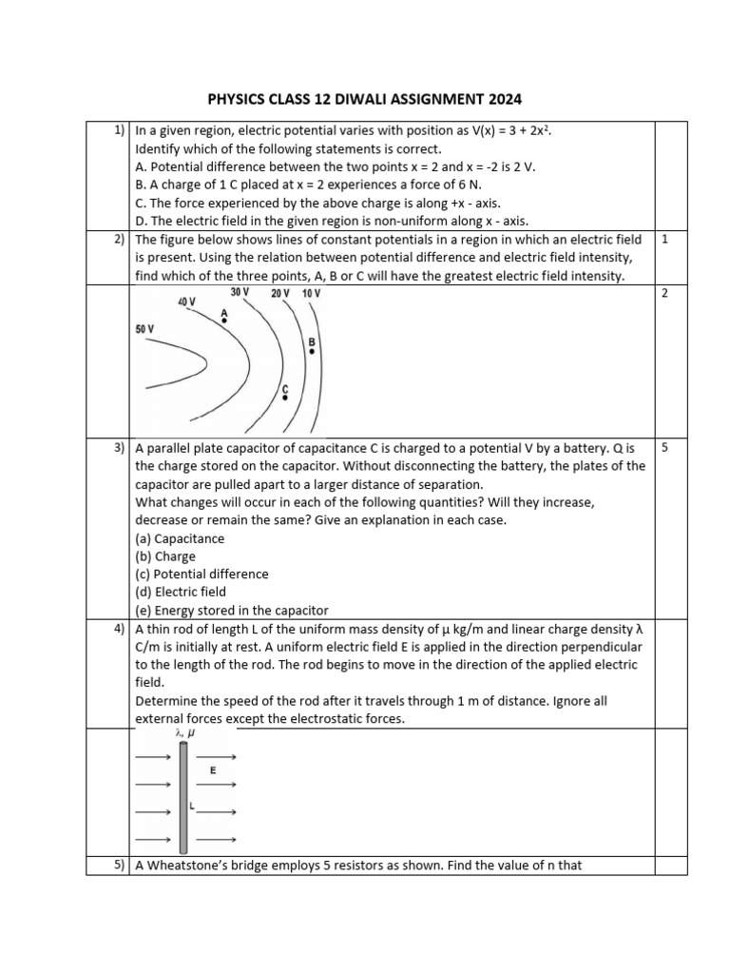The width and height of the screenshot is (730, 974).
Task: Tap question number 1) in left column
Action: [x=120, y=130]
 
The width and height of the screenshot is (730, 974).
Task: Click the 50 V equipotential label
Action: [x=144, y=329]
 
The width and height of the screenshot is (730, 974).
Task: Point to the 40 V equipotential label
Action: [x=186, y=302]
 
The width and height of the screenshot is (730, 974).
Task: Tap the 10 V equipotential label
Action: [x=312, y=293]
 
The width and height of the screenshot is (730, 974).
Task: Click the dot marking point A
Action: [x=224, y=321]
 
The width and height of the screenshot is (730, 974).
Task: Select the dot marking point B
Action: [x=311, y=351]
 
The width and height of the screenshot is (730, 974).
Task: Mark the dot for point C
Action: [x=284, y=398]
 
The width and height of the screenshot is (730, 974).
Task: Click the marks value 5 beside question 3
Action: [x=663, y=446]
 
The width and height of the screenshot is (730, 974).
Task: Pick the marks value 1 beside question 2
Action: [x=663, y=240]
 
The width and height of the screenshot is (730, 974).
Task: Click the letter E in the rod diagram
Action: [x=213, y=771]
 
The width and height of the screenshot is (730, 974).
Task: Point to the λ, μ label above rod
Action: [x=184, y=733]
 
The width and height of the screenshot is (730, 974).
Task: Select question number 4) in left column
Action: [x=120, y=629]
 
